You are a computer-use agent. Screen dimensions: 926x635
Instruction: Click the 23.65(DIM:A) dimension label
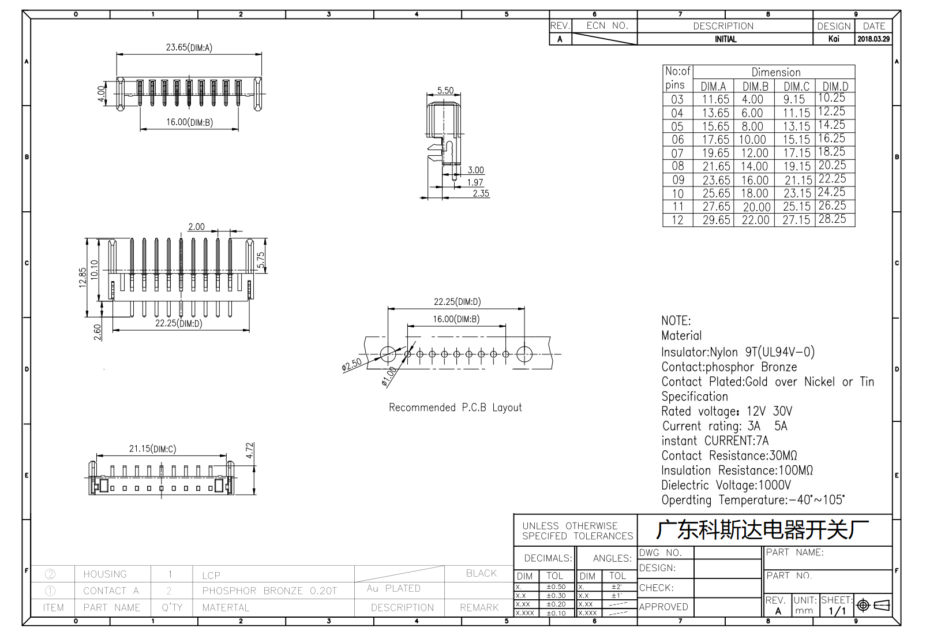click(189, 47)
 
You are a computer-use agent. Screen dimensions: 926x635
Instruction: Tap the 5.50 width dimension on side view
click(445, 90)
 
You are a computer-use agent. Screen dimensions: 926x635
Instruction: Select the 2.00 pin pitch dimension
click(196, 227)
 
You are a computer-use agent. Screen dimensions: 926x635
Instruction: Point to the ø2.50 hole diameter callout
click(352, 364)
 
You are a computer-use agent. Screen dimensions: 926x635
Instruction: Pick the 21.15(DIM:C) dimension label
click(152, 449)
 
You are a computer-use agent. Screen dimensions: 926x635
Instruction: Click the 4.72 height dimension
click(249, 450)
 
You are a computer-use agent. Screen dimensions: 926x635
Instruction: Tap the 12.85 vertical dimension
click(83, 278)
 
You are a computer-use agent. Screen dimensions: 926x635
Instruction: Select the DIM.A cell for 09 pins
click(716, 180)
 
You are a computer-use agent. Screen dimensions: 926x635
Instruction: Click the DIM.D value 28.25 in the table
click(832, 219)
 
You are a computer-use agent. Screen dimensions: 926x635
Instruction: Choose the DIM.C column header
click(796, 87)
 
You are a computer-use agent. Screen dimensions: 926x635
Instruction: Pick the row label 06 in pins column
click(677, 140)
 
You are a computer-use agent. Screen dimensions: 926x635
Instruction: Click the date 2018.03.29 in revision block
click(873, 39)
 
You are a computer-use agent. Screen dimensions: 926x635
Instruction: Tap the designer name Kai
click(834, 39)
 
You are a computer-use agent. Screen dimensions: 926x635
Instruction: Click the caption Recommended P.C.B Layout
click(455, 408)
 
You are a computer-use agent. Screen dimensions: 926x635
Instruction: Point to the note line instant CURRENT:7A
click(715, 440)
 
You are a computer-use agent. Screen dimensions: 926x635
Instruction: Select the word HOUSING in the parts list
click(105, 574)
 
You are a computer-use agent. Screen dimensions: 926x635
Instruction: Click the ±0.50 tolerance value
click(556, 587)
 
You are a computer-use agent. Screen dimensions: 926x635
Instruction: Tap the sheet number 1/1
click(837, 611)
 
